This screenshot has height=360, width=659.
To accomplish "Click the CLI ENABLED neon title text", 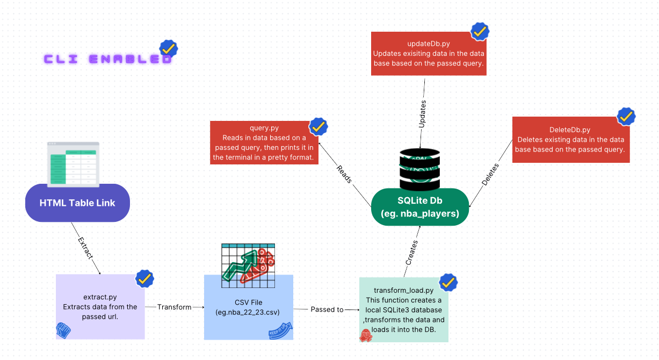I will click(x=108, y=59).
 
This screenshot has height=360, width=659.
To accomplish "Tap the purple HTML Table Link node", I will click(x=77, y=203).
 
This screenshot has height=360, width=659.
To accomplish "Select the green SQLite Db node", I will click(x=420, y=207).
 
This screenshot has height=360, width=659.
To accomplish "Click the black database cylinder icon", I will click(x=420, y=169).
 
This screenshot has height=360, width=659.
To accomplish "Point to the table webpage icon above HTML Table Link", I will click(x=73, y=164).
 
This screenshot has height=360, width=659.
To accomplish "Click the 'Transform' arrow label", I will click(x=174, y=307).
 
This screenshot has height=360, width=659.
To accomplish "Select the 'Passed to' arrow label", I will click(x=327, y=309).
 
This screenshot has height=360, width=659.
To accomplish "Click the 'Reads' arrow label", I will click(x=344, y=174).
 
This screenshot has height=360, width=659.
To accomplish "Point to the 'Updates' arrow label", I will click(x=423, y=113).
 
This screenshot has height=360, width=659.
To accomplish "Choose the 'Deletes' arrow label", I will click(x=489, y=175).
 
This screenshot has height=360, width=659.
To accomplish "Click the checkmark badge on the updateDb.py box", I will click(x=480, y=32).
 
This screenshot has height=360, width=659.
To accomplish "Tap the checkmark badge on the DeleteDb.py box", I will click(x=626, y=117).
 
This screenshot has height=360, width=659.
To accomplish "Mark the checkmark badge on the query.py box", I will click(x=317, y=127).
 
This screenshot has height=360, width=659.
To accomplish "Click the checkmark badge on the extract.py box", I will click(x=144, y=278).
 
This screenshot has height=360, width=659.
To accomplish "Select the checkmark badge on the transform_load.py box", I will click(x=448, y=282).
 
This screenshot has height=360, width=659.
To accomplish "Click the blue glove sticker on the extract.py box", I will click(x=63, y=330).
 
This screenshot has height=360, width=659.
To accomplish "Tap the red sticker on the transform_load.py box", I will click(x=366, y=336).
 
